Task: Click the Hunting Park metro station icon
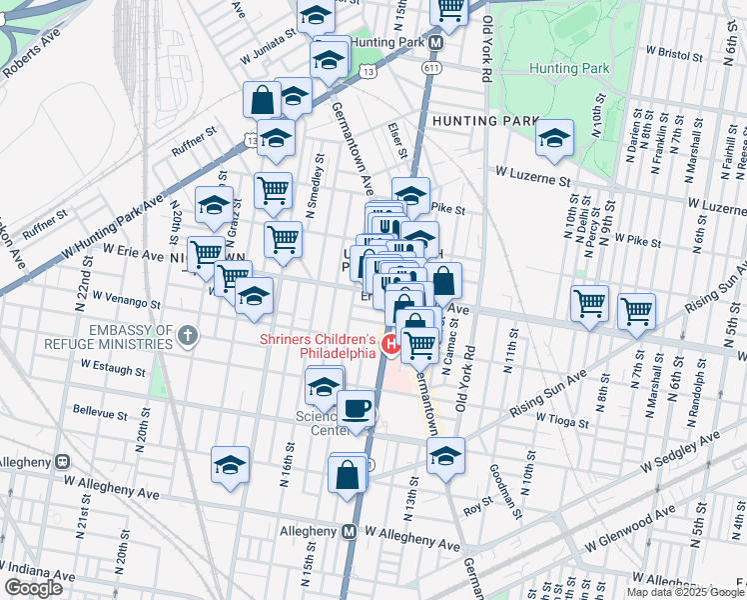pos(436,44)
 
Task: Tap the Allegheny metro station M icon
pos(351,531)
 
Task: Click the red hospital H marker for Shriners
pos(391,346)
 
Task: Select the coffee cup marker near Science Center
pos(357,409)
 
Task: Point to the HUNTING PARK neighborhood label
pos(479,121)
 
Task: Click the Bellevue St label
pos(100,412)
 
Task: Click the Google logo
pos(33,588)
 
